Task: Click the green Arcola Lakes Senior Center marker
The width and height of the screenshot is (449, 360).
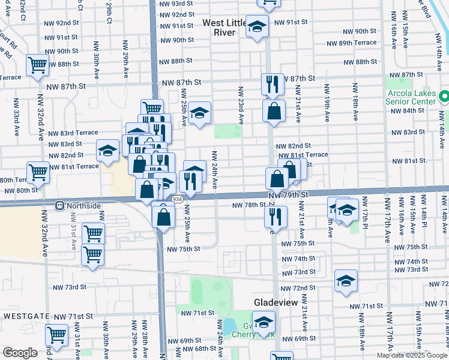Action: (444, 96)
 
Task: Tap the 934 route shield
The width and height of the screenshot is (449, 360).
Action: (176, 199)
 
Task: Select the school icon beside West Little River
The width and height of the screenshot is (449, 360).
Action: (258, 27)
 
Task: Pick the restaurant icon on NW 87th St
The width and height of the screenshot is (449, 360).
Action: (273, 83)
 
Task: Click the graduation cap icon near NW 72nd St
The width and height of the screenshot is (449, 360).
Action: (346, 281)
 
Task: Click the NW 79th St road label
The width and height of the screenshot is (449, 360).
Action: (288, 196)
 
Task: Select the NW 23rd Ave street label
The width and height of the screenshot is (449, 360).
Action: (241, 104)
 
